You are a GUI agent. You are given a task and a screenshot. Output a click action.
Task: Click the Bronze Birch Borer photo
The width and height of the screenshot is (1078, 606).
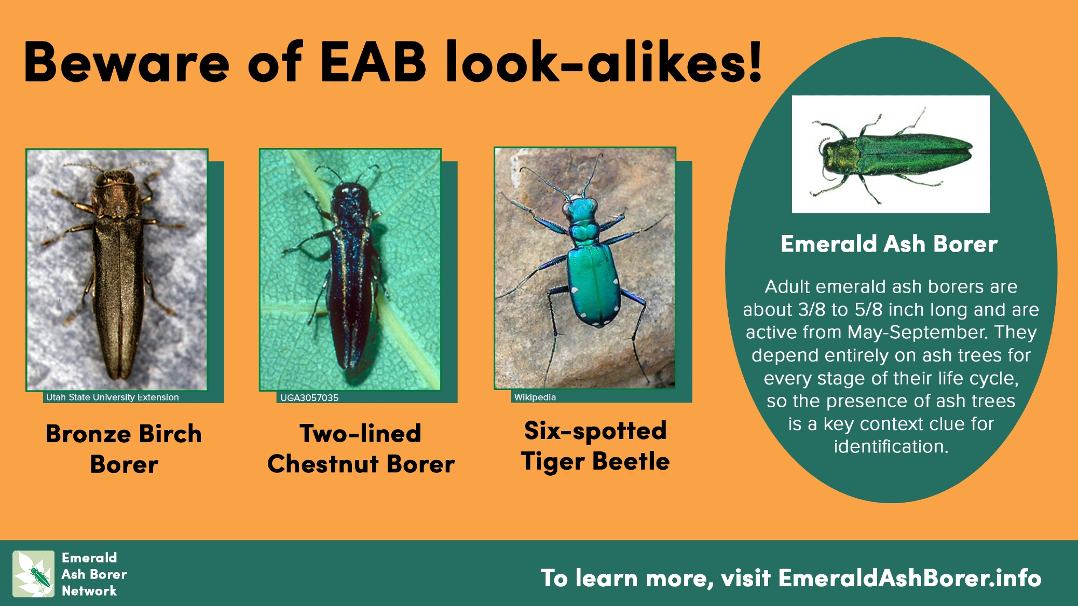click(117, 270)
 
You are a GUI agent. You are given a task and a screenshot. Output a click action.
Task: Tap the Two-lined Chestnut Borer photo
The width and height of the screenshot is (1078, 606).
click(350, 270)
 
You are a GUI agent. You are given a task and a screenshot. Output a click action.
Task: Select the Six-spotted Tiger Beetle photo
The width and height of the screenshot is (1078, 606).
click(585, 268)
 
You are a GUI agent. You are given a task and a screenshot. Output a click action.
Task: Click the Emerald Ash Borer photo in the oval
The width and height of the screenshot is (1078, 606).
click(890, 154)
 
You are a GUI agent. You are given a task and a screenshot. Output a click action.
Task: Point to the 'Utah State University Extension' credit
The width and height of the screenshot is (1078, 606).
click(112, 398)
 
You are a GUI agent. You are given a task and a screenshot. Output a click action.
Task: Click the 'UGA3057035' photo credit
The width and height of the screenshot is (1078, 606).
click(309, 398)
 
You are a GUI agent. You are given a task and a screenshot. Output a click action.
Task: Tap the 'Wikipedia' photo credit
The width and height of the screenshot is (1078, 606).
click(535, 397)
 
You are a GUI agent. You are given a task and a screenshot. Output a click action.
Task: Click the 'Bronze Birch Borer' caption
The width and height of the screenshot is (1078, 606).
click(124, 449)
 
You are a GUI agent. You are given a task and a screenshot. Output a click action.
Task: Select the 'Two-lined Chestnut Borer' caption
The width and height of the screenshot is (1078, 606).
click(361, 448)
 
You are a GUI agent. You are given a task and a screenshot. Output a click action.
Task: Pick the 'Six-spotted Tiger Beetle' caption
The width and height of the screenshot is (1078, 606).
click(595, 446)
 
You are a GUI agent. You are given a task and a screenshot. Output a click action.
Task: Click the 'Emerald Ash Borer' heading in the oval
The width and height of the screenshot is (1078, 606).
click(889, 244)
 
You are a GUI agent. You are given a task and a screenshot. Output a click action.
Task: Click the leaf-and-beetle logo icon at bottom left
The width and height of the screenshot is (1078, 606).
click(33, 574)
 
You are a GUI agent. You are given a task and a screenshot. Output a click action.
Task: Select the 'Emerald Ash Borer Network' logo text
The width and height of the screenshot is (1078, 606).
click(94, 574)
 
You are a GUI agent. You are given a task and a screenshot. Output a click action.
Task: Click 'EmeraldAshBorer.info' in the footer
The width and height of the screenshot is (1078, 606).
click(910, 577)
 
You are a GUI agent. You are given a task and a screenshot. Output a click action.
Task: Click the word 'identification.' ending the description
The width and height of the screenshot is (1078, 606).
click(891, 447)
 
